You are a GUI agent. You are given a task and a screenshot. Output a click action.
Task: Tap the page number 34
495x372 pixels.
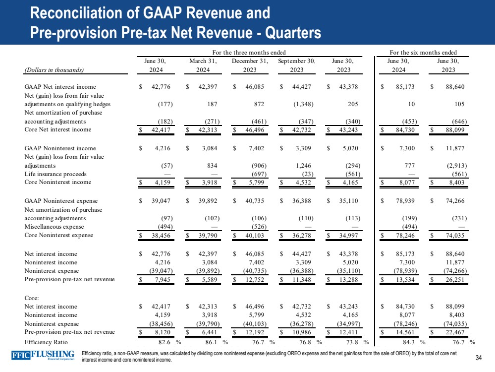(x=479, y=358)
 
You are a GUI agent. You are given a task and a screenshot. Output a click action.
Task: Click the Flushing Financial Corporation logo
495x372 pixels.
(x=43, y=356)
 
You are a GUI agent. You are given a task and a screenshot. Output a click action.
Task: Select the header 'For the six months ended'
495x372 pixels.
(x=423, y=52)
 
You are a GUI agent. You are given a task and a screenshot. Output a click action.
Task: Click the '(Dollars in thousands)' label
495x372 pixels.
(x=54, y=70)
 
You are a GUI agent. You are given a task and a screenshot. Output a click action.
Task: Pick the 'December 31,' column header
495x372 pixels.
(x=250, y=61)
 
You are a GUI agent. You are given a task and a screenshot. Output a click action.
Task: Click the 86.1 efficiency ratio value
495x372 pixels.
(x=210, y=342)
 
